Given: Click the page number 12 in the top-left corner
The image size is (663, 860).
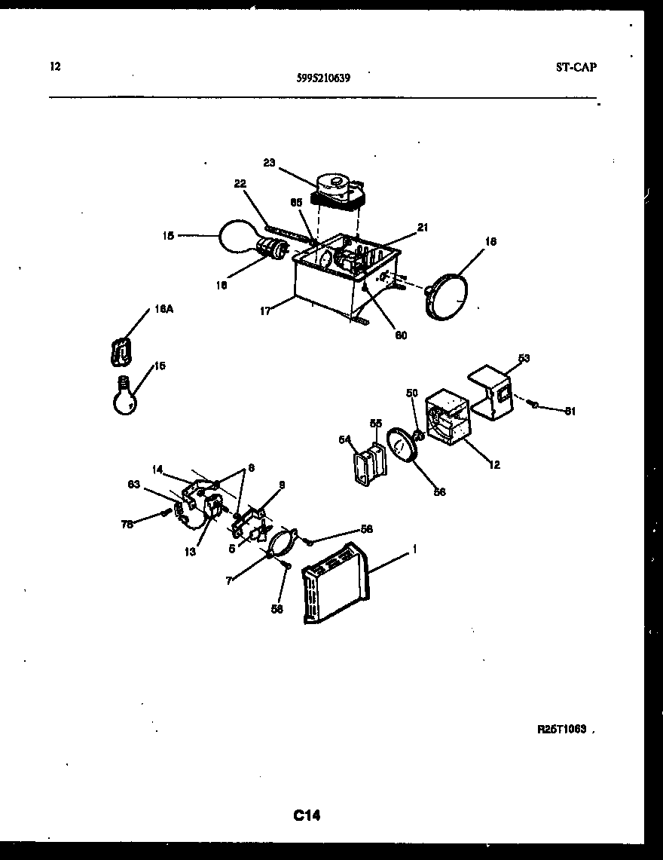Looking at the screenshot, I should pyautogui.click(x=54, y=66).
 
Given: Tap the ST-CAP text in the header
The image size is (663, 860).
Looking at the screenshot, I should pyautogui.click(x=576, y=67).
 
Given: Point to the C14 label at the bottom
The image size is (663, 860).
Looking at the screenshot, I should pyautogui.click(x=307, y=815).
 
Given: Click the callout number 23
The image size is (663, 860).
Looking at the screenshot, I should pyautogui.click(x=270, y=161).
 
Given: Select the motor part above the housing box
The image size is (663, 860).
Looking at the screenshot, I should pyautogui.click(x=338, y=190).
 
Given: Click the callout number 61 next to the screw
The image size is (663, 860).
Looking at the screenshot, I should pyautogui.click(x=570, y=411).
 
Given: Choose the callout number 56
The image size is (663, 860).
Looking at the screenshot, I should pyautogui.click(x=439, y=491).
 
